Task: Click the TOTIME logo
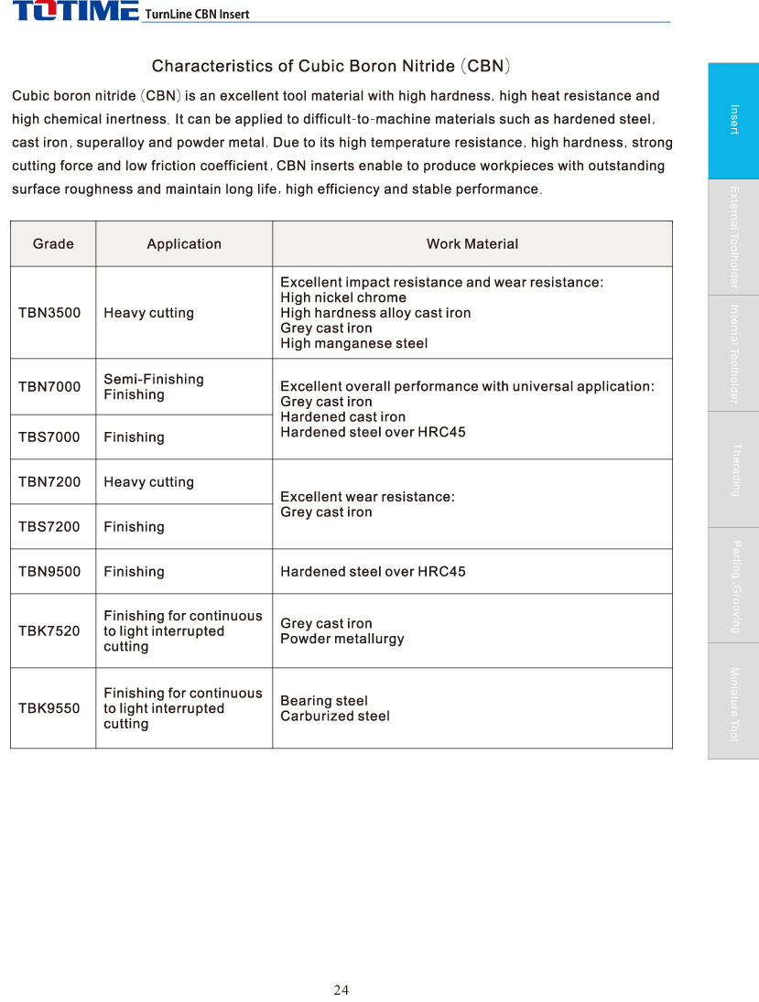(x=75, y=11)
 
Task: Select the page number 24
(x=342, y=990)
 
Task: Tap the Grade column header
(x=53, y=243)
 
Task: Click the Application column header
(x=184, y=243)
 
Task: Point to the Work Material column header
(x=472, y=243)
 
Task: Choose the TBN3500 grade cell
(x=49, y=313)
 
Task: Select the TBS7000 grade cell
(x=49, y=437)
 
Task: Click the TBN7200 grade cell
(x=49, y=482)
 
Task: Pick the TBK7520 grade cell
(x=49, y=631)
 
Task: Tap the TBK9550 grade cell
(x=49, y=708)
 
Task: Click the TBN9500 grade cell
(x=49, y=572)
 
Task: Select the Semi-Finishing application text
(x=154, y=380)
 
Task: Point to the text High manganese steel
(x=353, y=344)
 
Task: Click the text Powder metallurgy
(x=342, y=639)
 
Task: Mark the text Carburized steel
(x=335, y=716)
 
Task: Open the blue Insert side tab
(x=733, y=120)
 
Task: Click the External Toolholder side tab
(x=733, y=237)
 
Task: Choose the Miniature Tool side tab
(x=733, y=702)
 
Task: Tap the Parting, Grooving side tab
(x=733, y=586)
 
